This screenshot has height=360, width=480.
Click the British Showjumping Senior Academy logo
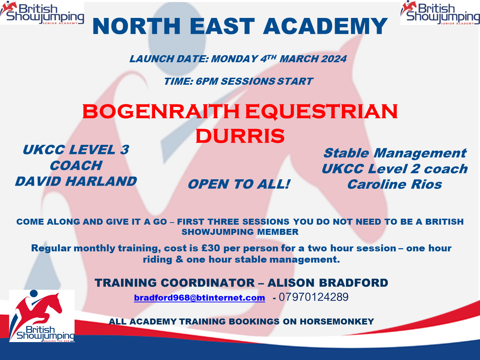coord(42,12)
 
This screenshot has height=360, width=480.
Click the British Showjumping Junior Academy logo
coord(440,12)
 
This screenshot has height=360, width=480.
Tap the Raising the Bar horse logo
coord(42,316)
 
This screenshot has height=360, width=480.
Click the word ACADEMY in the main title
coord(325,26)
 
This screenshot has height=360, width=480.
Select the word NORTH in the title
coord(137,26)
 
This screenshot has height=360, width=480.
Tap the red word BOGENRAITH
coord(161,111)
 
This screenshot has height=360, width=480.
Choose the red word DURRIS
coord(240,136)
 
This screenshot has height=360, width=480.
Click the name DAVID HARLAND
coord(76,181)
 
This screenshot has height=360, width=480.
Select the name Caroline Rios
coord(395,184)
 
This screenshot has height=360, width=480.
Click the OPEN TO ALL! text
coord(239,184)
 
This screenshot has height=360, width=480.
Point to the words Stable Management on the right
coord(395,153)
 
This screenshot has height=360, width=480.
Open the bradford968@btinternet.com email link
coord(199,298)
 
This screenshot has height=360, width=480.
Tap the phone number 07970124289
coord(314,297)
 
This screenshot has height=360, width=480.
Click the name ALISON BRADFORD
coord(328,283)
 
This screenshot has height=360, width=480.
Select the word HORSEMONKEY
coord(337,322)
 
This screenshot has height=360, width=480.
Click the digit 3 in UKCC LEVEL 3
coord(124,150)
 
